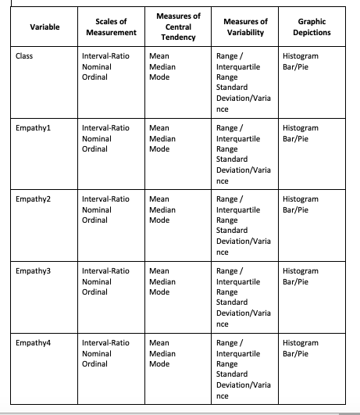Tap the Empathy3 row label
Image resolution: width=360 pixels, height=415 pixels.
(x=32, y=271)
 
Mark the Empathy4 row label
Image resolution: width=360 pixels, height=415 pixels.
(x=32, y=343)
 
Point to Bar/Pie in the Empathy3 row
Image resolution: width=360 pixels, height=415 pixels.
(x=296, y=281)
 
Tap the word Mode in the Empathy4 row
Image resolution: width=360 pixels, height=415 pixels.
(x=159, y=363)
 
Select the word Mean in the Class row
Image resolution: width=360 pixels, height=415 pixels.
(x=159, y=57)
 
